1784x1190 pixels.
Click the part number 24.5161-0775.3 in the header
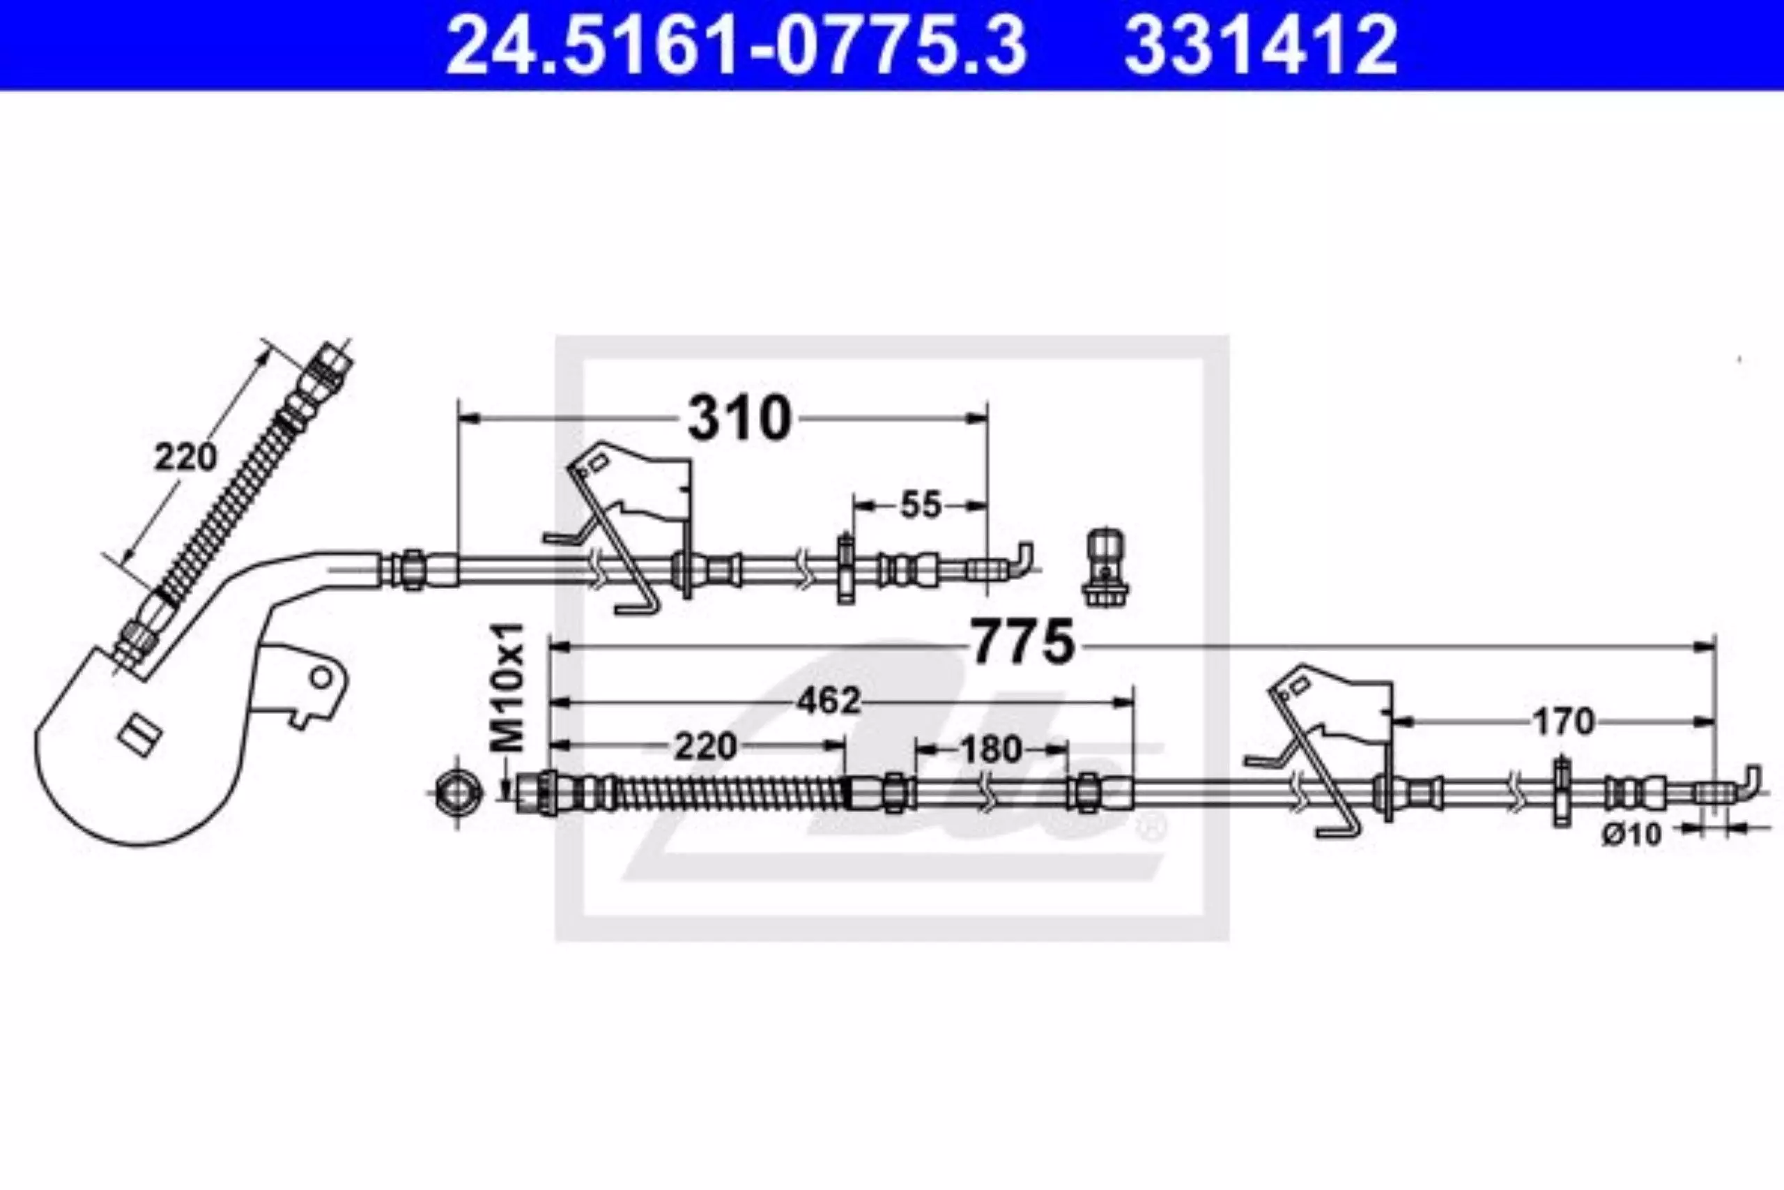click(x=735, y=45)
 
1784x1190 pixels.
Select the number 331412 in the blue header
click(x=1260, y=45)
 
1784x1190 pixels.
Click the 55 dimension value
click(x=920, y=505)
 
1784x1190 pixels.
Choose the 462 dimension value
click(x=830, y=701)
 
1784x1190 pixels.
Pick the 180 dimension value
click(x=990, y=750)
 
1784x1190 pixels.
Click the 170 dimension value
click(x=1562, y=722)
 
